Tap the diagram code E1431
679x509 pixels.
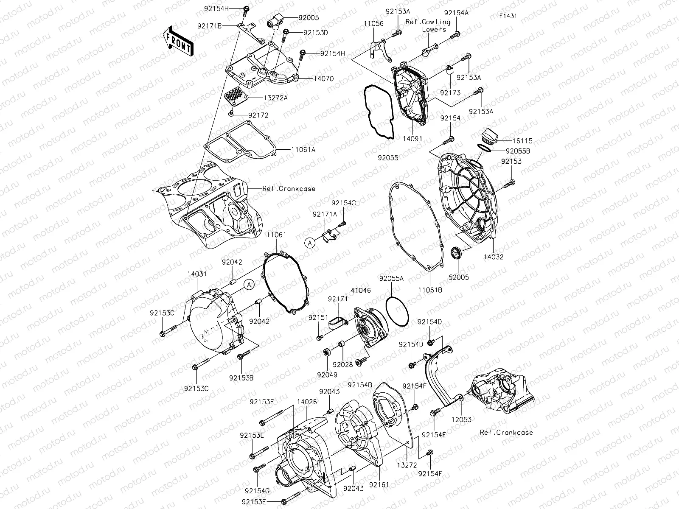click(508, 16)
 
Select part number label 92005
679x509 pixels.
click(309, 18)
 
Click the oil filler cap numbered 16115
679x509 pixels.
click(488, 137)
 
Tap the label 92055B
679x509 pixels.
click(518, 151)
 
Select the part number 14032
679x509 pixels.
click(493, 257)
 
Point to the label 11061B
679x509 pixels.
click(430, 290)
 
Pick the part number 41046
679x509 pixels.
click(361, 291)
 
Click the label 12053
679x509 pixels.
click(461, 420)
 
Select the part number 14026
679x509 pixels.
click(306, 401)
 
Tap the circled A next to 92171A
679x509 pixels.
click(310, 243)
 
